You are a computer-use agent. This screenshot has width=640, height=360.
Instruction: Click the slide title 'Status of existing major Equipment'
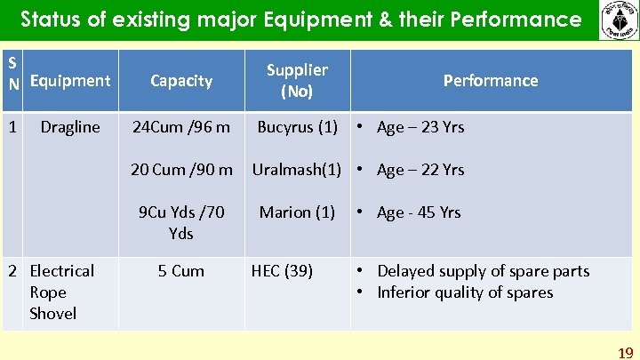tap(300, 19)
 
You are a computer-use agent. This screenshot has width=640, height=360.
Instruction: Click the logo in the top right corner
tap(618, 20)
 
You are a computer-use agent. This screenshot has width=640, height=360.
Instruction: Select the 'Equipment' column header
tap(70, 81)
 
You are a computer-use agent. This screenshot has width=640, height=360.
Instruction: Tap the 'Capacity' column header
tap(181, 81)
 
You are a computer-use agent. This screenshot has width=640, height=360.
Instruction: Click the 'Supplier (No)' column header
tap(297, 80)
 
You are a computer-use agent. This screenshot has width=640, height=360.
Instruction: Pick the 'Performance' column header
tap(491, 81)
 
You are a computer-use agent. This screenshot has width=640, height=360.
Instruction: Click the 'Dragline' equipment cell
tap(70, 127)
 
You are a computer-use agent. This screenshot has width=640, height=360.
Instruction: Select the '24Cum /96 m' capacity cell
tap(181, 127)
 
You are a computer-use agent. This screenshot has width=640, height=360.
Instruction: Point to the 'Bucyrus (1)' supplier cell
tap(297, 127)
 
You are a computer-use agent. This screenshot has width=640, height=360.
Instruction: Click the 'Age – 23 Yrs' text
tap(420, 127)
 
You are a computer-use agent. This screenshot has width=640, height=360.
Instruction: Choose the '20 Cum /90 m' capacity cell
tap(181, 170)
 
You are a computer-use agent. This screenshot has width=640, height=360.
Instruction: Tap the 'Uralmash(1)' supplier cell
tap(297, 170)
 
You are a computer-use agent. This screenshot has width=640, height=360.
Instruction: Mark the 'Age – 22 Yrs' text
tap(420, 170)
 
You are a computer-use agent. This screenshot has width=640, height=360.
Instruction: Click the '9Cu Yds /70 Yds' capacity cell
tap(181, 222)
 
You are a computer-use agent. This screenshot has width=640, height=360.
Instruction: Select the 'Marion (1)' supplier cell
tap(297, 212)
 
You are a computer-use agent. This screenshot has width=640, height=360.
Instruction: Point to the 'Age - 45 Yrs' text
tap(418, 212)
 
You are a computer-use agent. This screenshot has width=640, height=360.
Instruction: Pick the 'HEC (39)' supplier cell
tap(282, 271)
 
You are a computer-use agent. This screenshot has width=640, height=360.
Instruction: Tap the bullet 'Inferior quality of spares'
tap(465, 292)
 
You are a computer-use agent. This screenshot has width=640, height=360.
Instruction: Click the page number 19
tap(626, 353)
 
